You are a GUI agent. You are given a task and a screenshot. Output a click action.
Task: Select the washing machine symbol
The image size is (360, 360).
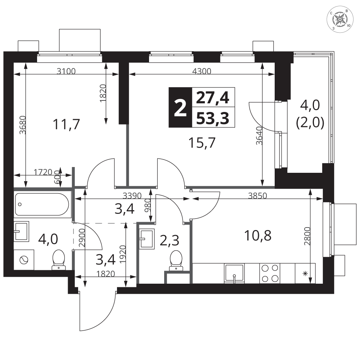tap(24, 260)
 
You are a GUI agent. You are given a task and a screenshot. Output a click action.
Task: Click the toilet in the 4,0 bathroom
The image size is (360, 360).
tap(59, 260)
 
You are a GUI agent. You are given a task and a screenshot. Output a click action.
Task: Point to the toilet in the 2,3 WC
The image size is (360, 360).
tap(176, 260)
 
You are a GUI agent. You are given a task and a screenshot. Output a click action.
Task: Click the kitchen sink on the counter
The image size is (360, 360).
tap(234, 274)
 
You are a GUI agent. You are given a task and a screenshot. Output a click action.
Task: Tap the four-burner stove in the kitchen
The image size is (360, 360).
tap(270, 273)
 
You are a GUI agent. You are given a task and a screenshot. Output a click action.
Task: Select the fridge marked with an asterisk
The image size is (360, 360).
tap(305, 273)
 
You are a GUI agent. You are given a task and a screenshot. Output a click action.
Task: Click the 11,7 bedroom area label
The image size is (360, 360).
tap(66, 124)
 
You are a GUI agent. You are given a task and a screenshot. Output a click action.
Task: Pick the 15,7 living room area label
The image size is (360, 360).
tap(202, 143)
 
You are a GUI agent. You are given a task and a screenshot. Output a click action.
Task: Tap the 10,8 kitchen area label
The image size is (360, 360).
tap(258, 235)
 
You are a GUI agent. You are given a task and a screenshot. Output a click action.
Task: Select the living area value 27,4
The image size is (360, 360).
tap(213, 98)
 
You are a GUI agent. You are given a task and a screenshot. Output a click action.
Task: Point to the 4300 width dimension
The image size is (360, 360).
tap(202, 71)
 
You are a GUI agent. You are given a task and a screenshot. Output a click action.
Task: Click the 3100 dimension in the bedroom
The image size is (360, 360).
tap(66, 71)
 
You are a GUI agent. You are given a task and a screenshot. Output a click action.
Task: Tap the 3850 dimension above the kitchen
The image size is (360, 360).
tap(258, 195)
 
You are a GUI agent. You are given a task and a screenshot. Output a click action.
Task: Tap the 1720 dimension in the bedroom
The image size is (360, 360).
tap(43, 172)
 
